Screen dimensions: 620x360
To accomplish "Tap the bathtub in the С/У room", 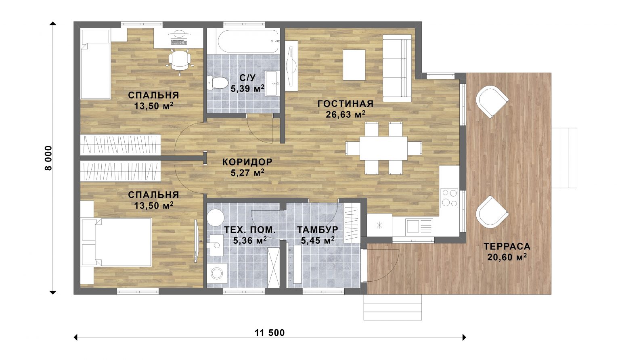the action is (248, 41).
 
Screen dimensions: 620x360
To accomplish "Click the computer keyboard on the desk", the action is (179, 42).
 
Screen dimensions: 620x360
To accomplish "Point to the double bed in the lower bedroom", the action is (123, 243).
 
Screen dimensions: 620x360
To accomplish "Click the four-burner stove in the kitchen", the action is (449, 198).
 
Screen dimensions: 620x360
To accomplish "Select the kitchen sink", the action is (419, 227).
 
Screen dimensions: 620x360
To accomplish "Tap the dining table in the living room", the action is (383, 148).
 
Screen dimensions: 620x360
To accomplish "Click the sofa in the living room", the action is (397, 68).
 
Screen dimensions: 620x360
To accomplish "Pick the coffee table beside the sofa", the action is (354, 65).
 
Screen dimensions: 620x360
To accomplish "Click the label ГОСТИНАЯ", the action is (346, 104).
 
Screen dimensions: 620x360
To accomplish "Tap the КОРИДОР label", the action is (247, 162).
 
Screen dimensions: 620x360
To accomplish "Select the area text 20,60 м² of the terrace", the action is (507, 257).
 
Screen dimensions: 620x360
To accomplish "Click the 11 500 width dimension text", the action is (270, 333).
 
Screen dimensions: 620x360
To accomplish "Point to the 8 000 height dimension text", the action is (48, 158).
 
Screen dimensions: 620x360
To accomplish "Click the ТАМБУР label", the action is (318, 230).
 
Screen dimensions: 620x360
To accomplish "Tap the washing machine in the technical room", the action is (217, 273).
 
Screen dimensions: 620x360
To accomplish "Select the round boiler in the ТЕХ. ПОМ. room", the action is (215, 218).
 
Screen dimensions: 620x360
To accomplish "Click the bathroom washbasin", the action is (272, 83).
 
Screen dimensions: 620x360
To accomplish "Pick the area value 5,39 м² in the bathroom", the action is (247, 88).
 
